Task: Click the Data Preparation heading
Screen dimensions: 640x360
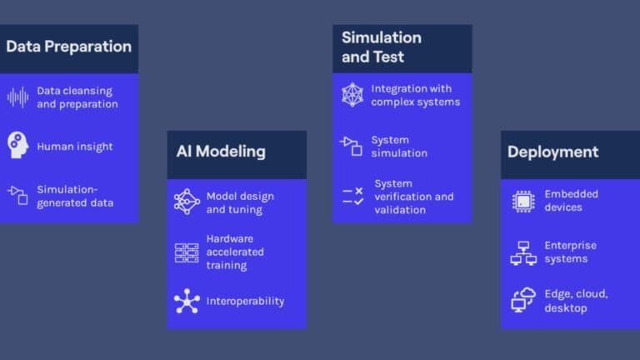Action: click(x=68, y=47)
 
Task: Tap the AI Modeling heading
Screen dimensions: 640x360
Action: click(x=221, y=152)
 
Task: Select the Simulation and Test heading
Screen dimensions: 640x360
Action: click(x=382, y=47)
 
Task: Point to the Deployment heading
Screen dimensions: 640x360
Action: click(x=552, y=152)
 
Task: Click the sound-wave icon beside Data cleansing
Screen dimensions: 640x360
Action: click(x=18, y=97)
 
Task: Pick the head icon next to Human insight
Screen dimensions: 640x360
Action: click(x=18, y=145)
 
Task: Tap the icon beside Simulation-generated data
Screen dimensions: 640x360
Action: click(x=17, y=195)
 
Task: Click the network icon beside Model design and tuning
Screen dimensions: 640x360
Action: click(x=187, y=202)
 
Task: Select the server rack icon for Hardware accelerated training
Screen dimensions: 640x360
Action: click(x=187, y=252)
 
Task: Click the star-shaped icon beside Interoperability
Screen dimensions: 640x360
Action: click(x=187, y=301)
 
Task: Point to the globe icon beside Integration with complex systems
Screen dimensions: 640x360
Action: click(x=352, y=95)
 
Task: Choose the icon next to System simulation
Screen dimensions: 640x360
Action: click(x=351, y=146)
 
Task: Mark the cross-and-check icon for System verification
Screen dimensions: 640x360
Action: click(x=353, y=197)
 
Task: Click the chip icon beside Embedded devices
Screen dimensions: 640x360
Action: click(x=523, y=201)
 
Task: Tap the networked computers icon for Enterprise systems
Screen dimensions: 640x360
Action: click(x=523, y=253)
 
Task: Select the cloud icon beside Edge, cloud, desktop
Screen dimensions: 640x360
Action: click(x=522, y=300)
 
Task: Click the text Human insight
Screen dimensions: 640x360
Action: click(x=75, y=147)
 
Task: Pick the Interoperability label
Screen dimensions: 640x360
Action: click(x=245, y=301)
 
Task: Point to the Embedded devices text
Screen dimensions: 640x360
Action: click(x=571, y=200)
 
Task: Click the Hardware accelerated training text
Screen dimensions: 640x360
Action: click(x=235, y=252)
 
